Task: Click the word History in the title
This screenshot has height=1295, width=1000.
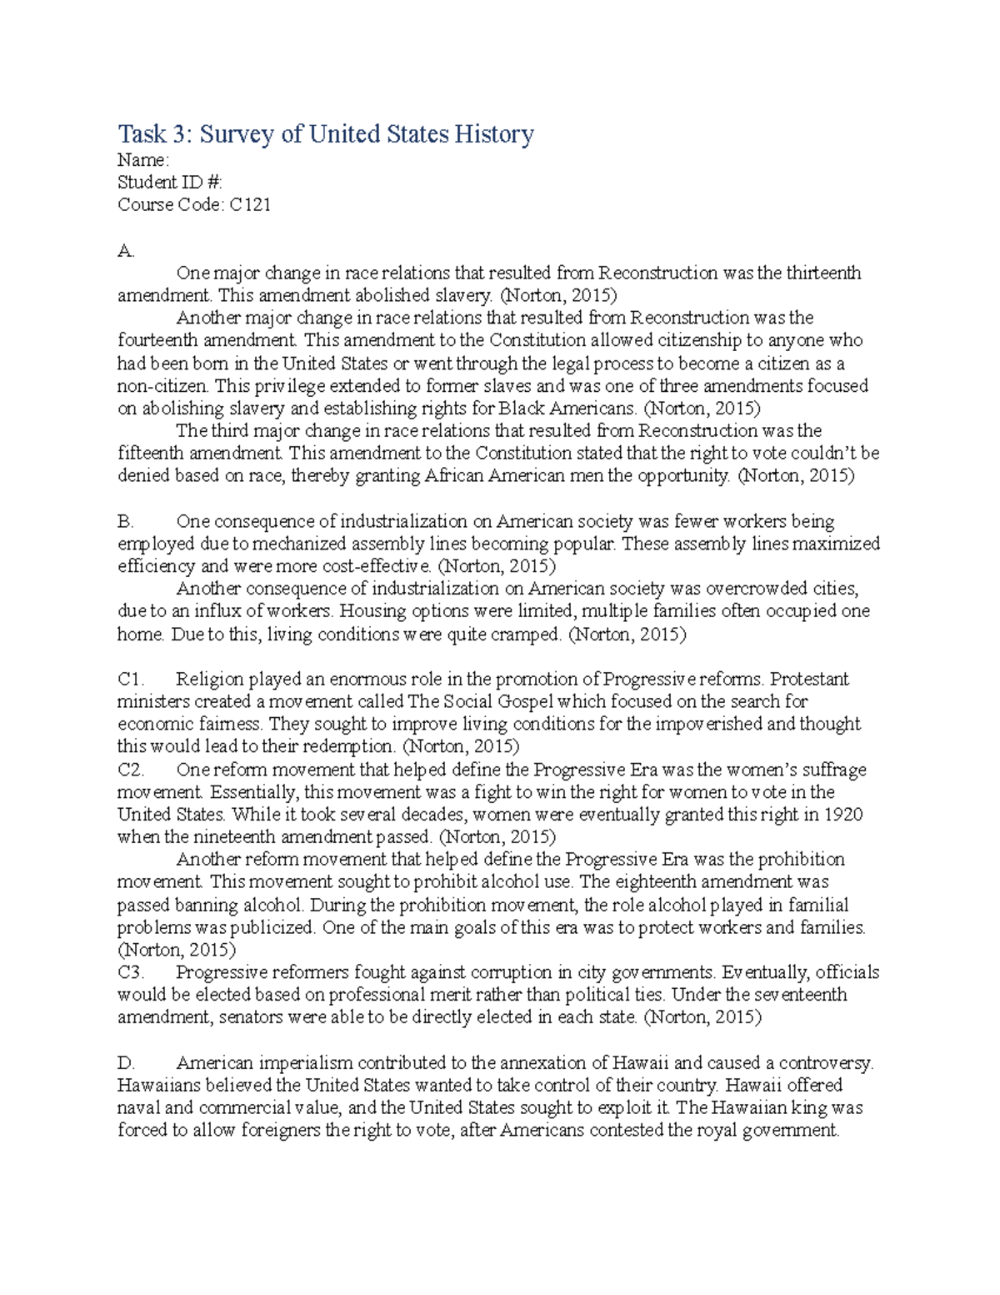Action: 493,134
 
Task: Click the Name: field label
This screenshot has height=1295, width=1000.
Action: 143,160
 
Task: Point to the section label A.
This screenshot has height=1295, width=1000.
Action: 126,250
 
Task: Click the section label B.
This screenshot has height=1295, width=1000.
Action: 126,521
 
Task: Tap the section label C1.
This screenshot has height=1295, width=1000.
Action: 131,680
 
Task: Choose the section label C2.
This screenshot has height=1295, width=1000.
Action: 131,770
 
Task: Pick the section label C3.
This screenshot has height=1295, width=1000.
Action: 131,972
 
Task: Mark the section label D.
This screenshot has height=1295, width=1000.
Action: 126,1063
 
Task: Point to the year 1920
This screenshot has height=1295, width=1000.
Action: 843,815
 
